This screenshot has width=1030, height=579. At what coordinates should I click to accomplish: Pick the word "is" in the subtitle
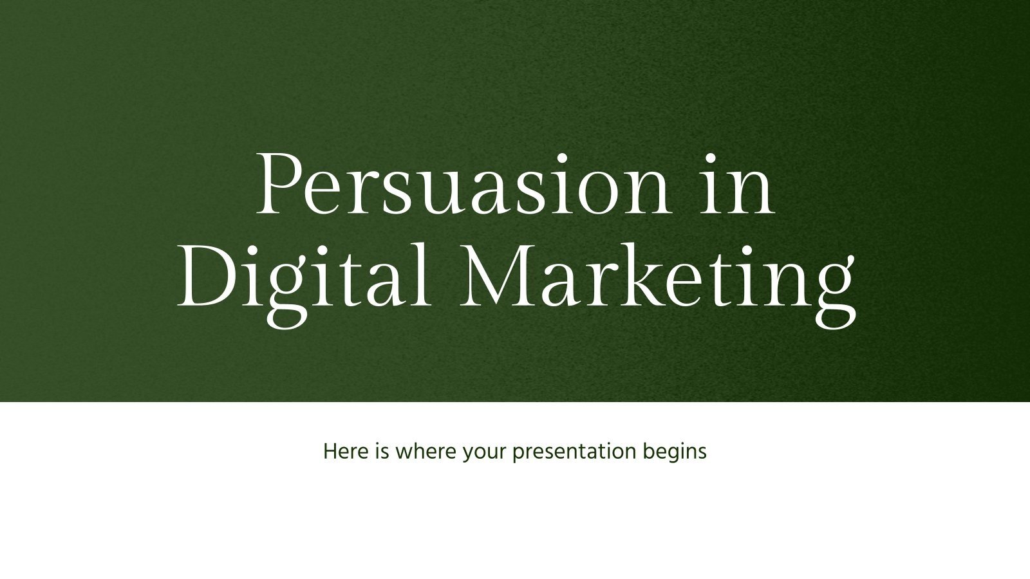(x=380, y=452)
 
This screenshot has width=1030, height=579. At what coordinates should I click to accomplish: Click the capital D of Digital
(x=205, y=275)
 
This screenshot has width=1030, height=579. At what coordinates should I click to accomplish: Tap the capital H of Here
(x=330, y=452)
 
